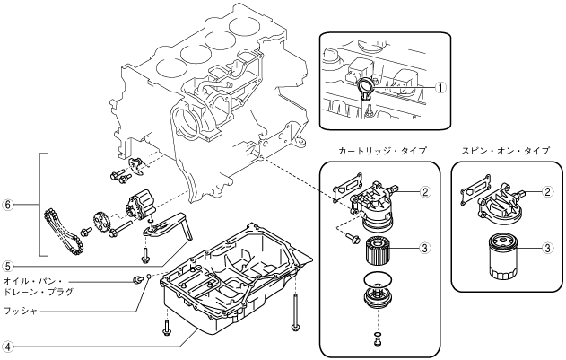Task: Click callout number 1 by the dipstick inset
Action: (x=440, y=87)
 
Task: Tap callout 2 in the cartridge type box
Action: (x=425, y=192)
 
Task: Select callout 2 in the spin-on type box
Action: (x=547, y=191)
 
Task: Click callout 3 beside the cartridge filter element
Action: (x=425, y=248)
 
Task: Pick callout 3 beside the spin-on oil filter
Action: (x=547, y=248)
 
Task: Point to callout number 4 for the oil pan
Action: (x=8, y=347)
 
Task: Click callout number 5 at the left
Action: (x=8, y=267)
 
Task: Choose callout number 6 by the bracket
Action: (x=8, y=205)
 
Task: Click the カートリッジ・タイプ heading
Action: (x=382, y=150)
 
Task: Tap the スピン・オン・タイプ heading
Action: (x=505, y=150)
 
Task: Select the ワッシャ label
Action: (x=21, y=311)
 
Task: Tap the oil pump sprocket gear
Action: (x=100, y=222)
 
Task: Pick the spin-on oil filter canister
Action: (x=503, y=257)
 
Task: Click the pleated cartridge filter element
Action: (x=378, y=250)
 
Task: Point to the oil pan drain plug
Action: (x=137, y=279)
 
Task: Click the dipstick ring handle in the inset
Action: (x=365, y=86)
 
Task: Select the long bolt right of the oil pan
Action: (x=295, y=312)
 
